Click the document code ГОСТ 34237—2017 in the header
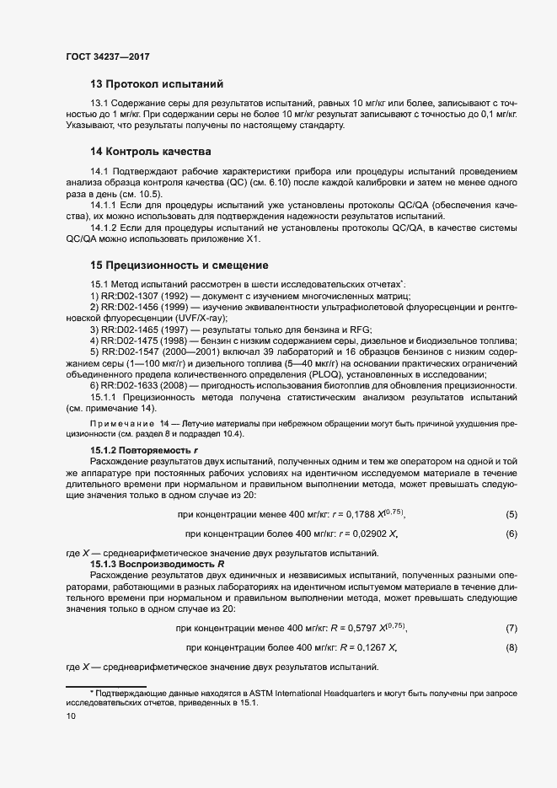(108, 57)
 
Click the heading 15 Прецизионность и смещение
(179, 265)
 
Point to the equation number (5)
(511, 514)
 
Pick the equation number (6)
(511, 534)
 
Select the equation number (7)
(511, 628)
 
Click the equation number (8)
(511, 647)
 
